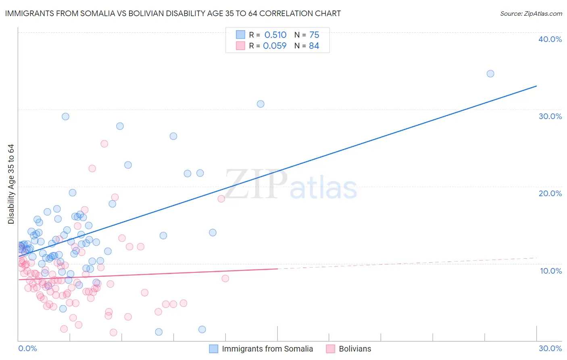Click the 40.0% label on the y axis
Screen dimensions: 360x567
point(550,39)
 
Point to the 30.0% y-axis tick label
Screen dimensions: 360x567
point(550,116)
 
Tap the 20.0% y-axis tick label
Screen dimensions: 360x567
point(550,193)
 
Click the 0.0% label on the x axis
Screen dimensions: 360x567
point(27,348)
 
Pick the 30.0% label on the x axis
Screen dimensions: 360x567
point(550,348)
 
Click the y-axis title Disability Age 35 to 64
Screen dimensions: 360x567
point(11,184)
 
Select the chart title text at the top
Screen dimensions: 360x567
point(173,13)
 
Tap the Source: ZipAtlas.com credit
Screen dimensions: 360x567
point(531,13)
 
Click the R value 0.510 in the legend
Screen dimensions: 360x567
point(275,35)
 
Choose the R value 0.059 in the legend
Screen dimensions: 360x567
point(275,46)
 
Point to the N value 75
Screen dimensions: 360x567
point(314,35)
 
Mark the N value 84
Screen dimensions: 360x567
point(314,46)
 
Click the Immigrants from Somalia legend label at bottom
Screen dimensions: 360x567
point(267,349)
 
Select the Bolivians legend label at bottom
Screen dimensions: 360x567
point(355,349)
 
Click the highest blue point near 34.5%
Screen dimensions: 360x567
point(490,73)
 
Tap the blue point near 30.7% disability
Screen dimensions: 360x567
point(261,104)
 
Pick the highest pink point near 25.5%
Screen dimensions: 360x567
point(104,144)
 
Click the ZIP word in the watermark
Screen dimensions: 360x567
point(256,184)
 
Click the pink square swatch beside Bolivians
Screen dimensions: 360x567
point(330,349)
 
